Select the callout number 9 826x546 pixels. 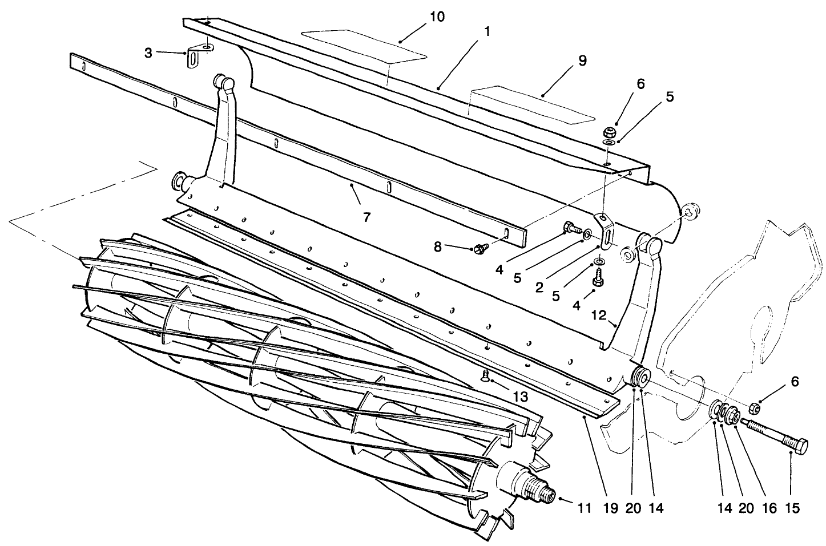582,61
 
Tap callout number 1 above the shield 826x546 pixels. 486,33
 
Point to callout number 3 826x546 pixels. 148,52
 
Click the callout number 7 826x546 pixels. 366,217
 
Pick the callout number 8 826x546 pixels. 438,247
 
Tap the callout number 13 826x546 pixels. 520,396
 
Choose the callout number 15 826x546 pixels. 793,507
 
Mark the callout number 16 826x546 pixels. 769,507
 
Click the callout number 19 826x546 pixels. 610,507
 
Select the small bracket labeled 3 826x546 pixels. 198,56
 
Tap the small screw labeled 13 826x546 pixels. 485,374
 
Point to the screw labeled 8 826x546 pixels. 479,249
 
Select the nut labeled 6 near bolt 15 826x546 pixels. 754,407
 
